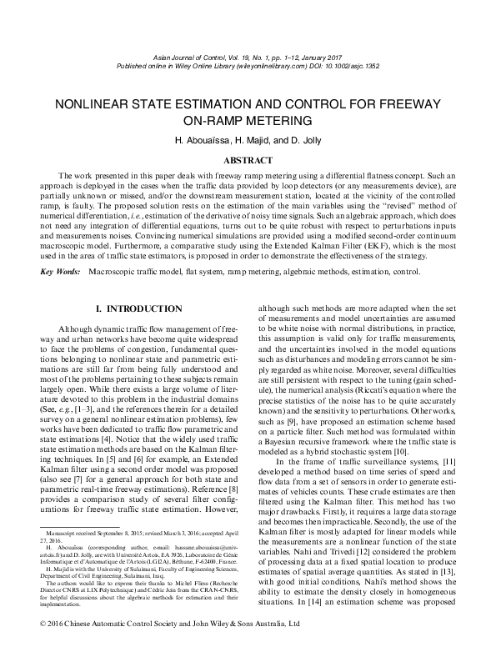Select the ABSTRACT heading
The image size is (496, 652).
[x=248, y=159]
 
